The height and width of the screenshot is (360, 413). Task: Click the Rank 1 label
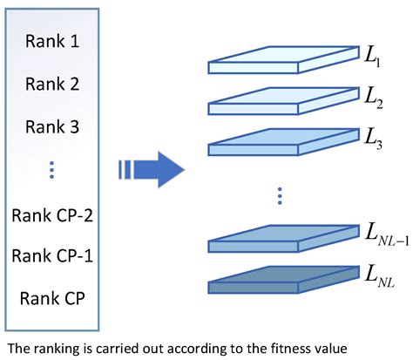point(52,42)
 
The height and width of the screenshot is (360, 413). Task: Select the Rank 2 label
point(52,85)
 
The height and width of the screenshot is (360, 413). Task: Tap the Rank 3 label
point(52,127)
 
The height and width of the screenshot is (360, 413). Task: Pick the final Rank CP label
point(52,299)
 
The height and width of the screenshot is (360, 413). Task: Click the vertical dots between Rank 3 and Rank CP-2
point(52,170)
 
